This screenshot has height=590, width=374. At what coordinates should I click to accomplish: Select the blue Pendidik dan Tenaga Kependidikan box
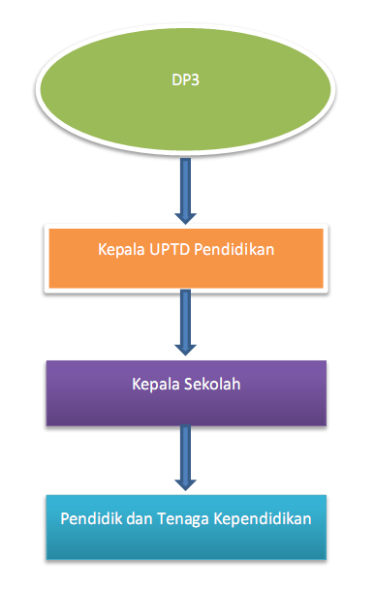(x=186, y=528)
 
